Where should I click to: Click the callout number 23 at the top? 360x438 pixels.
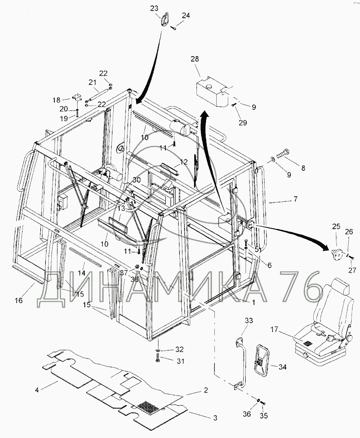(x=154, y=9)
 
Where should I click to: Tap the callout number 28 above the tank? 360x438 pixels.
(x=195, y=59)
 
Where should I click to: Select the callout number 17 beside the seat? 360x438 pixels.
(x=274, y=330)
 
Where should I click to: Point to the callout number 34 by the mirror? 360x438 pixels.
(x=282, y=367)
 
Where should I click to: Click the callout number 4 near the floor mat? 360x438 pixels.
(x=37, y=390)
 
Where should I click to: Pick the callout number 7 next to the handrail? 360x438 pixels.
(x=295, y=199)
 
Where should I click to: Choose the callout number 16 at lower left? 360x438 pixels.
(x=19, y=300)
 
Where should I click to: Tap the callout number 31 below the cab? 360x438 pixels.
(x=181, y=361)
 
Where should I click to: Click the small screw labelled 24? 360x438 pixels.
(x=173, y=27)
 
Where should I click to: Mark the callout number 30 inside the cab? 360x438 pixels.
(x=137, y=180)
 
